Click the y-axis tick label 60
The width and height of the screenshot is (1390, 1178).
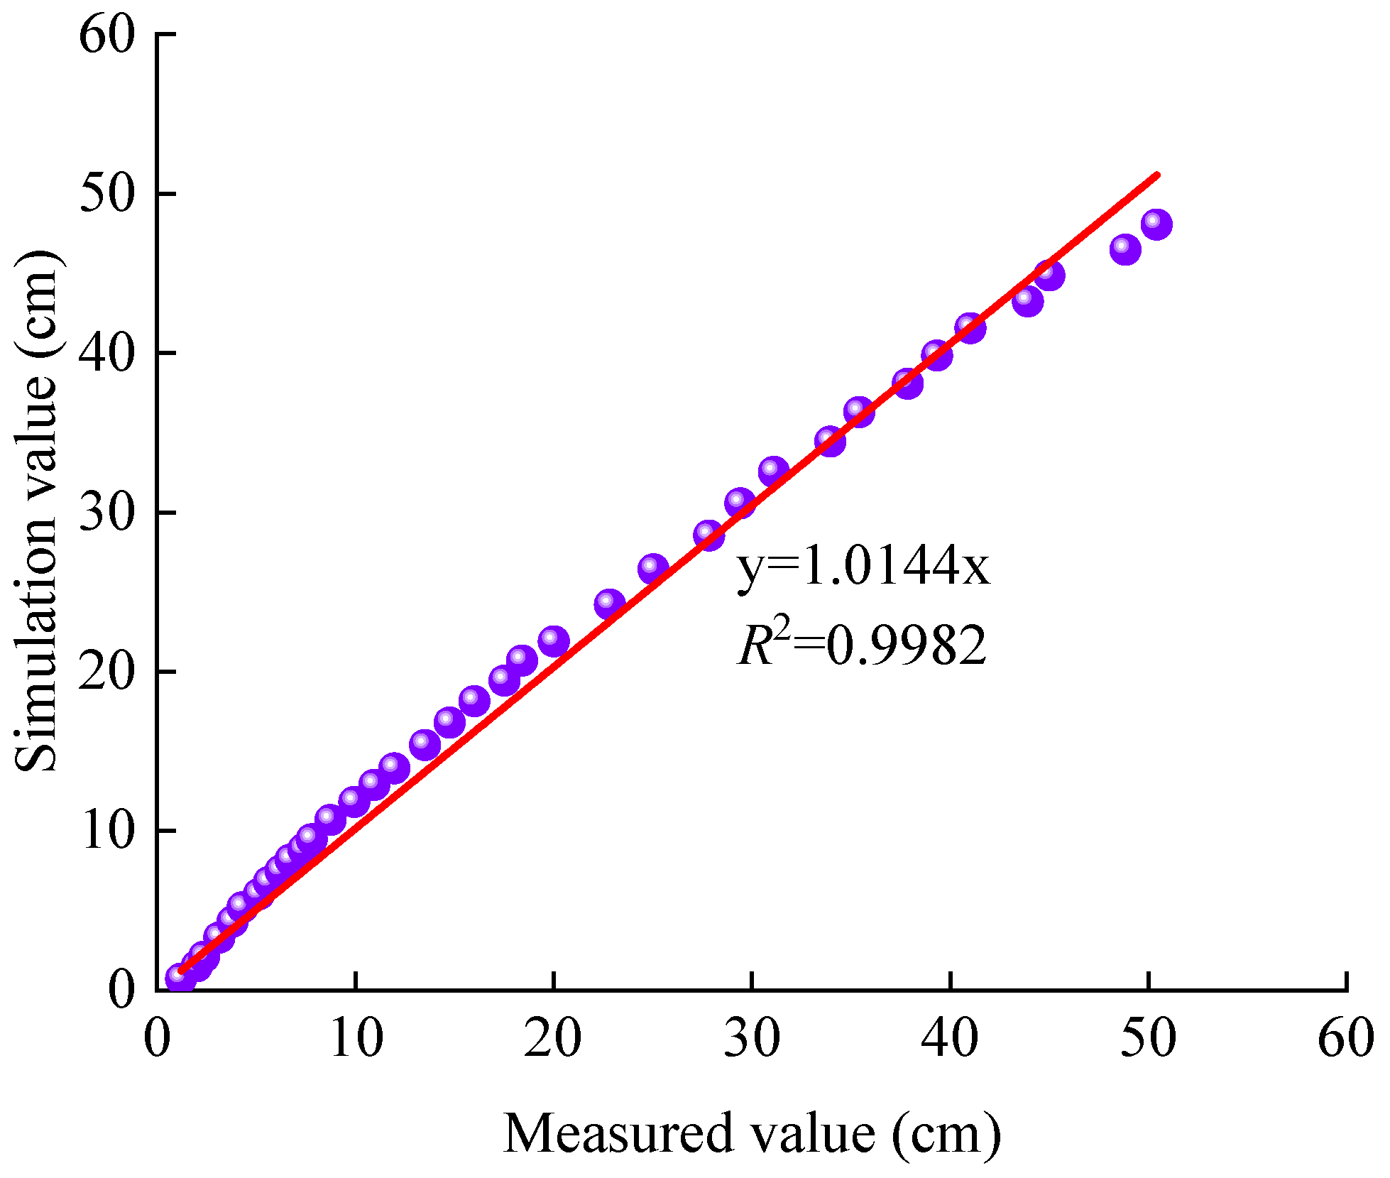(x=106, y=36)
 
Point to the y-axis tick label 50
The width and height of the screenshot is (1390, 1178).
(x=106, y=194)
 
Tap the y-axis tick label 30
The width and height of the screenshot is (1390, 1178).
(x=106, y=512)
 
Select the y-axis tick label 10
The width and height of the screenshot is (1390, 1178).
(x=106, y=831)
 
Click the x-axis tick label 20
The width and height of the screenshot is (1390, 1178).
(x=552, y=1037)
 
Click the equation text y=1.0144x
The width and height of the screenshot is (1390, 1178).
(x=863, y=568)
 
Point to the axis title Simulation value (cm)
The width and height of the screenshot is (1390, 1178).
(x=35, y=511)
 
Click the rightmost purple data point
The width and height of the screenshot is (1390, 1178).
(x=1156, y=224)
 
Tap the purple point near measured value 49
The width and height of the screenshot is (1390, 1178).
(x=1125, y=249)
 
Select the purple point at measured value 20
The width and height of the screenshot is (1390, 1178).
(x=554, y=642)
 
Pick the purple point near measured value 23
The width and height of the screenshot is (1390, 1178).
(x=609, y=604)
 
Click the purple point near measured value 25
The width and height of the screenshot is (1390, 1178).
(x=653, y=569)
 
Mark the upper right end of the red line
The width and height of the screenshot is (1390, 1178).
(x=1157, y=174)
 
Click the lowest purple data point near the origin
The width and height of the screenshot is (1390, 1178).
(x=180, y=978)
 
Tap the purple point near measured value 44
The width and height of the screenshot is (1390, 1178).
(x=1027, y=301)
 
